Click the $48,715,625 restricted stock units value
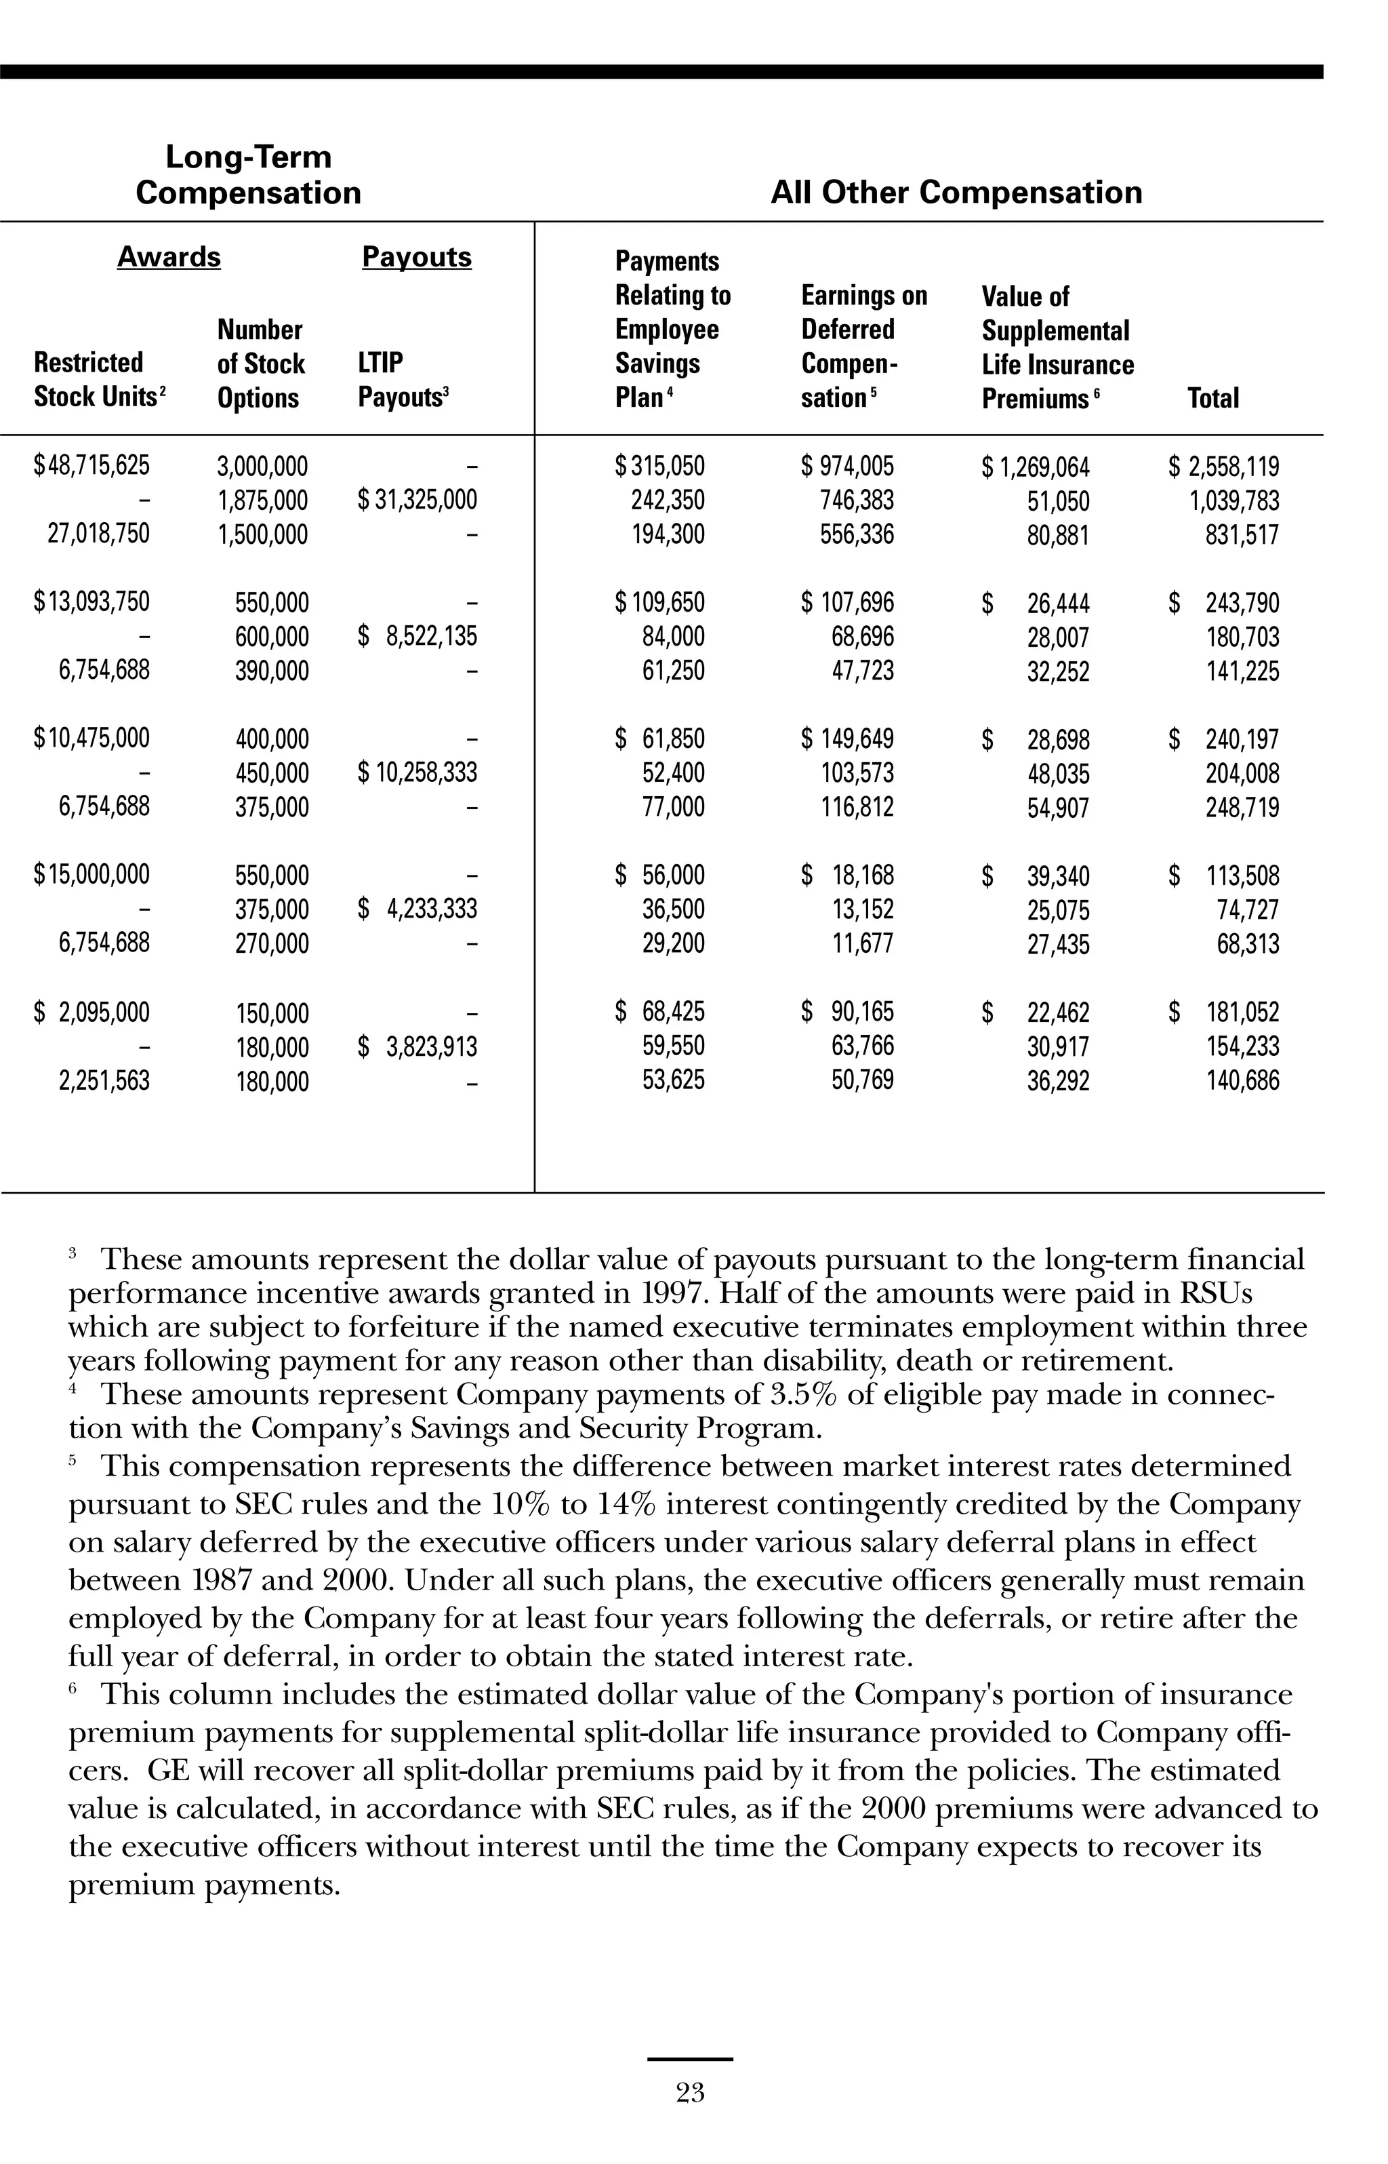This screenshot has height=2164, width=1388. point(92,466)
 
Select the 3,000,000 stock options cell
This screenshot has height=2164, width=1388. point(262,467)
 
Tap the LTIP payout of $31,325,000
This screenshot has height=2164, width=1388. point(417,500)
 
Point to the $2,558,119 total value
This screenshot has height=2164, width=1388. point(1224,467)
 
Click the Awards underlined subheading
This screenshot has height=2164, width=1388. point(169,257)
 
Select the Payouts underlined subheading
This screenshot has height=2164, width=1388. point(416,257)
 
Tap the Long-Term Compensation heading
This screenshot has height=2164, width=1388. point(248,175)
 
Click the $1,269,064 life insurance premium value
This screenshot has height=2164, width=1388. point(1036,468)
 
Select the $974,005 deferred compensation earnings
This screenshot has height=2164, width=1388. point(848,466)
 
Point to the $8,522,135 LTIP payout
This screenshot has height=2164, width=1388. point(417,637)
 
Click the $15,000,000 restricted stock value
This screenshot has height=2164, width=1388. point(92,875)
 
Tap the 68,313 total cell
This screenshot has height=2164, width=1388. point(1248,944)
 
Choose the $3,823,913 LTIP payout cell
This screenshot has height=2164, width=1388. point(417,1047)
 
